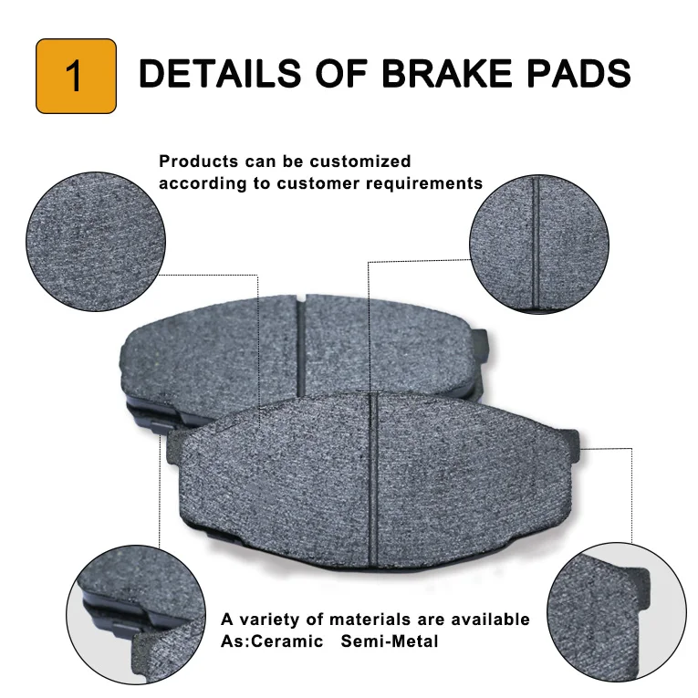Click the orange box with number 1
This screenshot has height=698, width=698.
pos(76,76)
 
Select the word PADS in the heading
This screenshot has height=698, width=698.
pos(578,73)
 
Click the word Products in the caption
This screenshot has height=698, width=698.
pos(197,161)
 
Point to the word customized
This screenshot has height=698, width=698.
pos(359,161)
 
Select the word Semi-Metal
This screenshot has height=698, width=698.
pos(390,641)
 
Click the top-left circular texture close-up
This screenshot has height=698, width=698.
pos(96,241)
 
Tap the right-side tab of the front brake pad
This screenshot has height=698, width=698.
pos(572,447)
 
